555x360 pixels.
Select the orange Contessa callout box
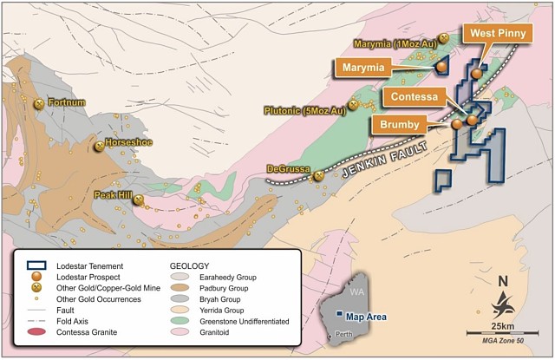click(418, 95)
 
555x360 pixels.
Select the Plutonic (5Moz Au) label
click(305, 110)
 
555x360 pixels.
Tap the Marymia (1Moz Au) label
click(395, 43)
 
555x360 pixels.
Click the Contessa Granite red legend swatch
click(36, 332)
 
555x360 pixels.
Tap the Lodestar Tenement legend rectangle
click(36, 265)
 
